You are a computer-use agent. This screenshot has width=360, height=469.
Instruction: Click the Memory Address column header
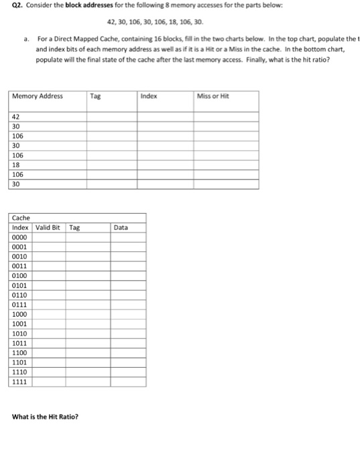coord(38,96)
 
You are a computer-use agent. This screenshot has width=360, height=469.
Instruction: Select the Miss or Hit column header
coord(213,96)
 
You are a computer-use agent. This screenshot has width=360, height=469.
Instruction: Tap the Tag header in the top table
coord(95,96)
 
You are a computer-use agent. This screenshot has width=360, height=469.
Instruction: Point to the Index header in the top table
coord(149,96)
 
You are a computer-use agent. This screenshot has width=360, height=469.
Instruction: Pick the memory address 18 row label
coord(16,163)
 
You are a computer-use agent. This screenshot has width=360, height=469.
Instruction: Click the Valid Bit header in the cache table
coord(47,228)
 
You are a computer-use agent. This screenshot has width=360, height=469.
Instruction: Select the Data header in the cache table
coord(121,228)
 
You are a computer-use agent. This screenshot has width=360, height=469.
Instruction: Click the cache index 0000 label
coord(20,237)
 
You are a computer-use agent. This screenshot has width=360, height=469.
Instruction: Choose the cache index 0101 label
coord(20,285)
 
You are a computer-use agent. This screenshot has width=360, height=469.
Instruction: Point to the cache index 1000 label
coord(20,314)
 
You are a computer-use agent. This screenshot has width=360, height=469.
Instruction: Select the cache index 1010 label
coord(20,334)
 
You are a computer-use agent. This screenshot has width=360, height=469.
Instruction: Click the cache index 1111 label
coord(20,382)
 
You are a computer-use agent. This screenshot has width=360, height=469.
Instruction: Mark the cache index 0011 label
coord(20,266)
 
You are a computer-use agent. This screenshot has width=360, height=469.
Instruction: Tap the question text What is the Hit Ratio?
coord(45,417)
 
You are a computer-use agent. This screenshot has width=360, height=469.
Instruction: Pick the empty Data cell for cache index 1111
coord(128,382)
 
